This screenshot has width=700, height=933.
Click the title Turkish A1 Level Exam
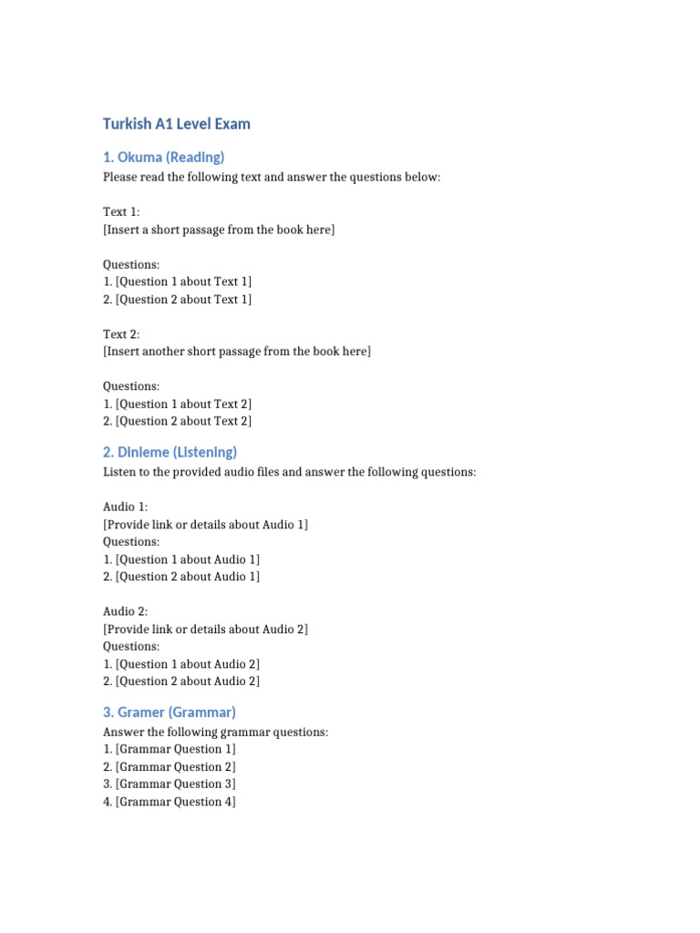pos(176,124)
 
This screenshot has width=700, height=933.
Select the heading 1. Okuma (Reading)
pos(163,157)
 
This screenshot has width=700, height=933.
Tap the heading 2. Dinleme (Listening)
pos(170,452)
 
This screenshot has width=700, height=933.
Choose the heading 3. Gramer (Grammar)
pos(169,712)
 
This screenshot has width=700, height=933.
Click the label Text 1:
pos(121,212)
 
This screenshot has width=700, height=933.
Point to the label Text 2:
pos(121,334)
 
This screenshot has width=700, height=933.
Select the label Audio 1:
pos(126,507)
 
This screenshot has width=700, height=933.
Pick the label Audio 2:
pos(126,611)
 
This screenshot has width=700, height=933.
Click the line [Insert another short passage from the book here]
pos(237,352)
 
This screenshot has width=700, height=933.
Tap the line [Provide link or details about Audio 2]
pos(206,630)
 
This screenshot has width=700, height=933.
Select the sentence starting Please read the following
pos(272,177)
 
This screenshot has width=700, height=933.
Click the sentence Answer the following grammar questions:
pos(216,732)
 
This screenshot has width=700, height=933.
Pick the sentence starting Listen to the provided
pos(289,472)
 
